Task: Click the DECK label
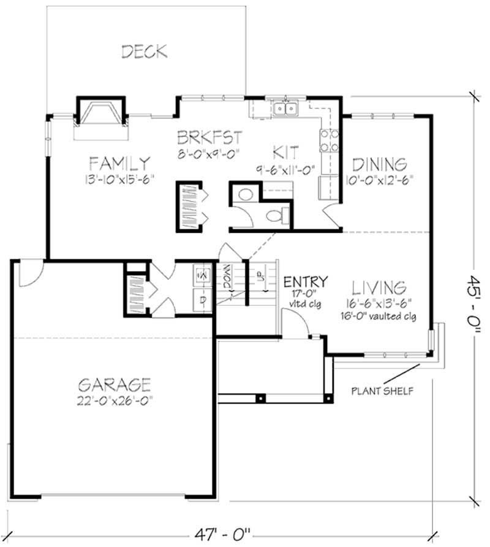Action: pos(145,51)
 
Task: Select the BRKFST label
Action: pos(209,136)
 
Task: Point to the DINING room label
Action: pos(379,164)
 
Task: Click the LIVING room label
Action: pos(379,287)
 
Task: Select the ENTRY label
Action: pos(305,281)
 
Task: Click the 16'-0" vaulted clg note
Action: pos(379,317)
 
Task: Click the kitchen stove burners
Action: pos(328,141)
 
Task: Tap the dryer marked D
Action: pos(202,299)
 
